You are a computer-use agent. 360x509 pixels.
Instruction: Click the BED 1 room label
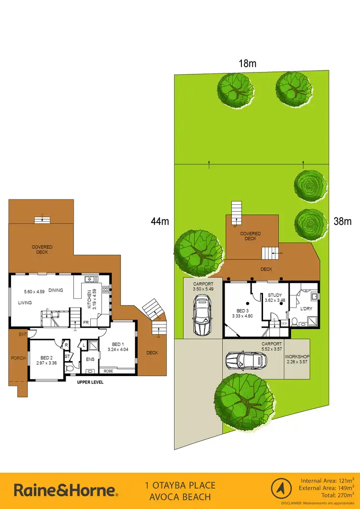118,344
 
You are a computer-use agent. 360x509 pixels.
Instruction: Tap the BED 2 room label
46,357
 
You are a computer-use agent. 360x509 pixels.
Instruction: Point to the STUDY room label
275,296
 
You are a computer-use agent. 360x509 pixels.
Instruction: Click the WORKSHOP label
297,357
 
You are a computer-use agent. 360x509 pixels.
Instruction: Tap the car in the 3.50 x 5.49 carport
202,315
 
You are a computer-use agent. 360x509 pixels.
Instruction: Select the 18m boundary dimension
247,62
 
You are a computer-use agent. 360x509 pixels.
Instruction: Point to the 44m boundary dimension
160,221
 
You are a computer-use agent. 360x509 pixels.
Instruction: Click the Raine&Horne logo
66,490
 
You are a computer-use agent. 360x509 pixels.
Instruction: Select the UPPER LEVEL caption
90,382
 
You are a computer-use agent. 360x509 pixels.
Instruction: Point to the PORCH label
18,358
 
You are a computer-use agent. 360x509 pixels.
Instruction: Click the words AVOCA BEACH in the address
180,497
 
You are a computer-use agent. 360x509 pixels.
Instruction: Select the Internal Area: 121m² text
328,480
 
